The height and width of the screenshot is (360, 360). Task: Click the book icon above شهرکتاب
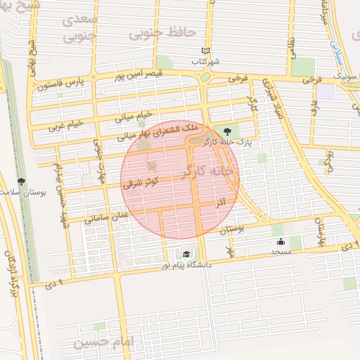click(205, 51)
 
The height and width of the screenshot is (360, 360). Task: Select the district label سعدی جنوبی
click(79, 26)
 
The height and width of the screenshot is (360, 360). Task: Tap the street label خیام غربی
click(65, 125)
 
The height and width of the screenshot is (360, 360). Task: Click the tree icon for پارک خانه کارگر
click(226, 131)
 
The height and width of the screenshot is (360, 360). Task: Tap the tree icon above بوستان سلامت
click(22, 181)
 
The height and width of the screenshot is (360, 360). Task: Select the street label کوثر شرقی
click(141, 181)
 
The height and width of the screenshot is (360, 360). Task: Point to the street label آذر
click(221, 202)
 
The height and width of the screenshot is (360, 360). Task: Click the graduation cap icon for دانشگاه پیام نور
click(186, 255)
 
